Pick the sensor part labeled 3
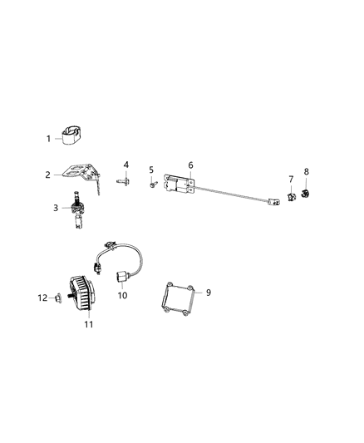tap(78, 209)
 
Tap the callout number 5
tap(152, 170)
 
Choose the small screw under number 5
tap(154, 185)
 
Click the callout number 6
tap(190, 165)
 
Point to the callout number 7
tap(291, 179)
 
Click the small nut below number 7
tap(292, 196)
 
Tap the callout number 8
tap(306, 171)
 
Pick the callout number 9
tap(209, 293)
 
